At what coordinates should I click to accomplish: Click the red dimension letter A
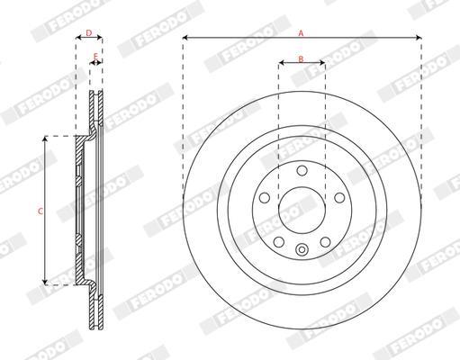tap(301, 33)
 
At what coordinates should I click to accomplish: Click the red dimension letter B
tap(301, 58)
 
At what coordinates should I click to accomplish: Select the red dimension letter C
tap(41, 211)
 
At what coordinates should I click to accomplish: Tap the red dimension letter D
tap(89, 32)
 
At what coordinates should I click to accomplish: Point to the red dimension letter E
tap(95, 56)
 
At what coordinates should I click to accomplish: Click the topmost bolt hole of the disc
tap(302, 171)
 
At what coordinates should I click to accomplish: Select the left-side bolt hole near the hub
tap(265, 198)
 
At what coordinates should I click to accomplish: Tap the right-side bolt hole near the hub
tap(339, 198)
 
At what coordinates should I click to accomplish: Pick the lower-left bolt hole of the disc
tap(279, 242)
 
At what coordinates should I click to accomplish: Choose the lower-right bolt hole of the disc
tap(325, 242)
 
